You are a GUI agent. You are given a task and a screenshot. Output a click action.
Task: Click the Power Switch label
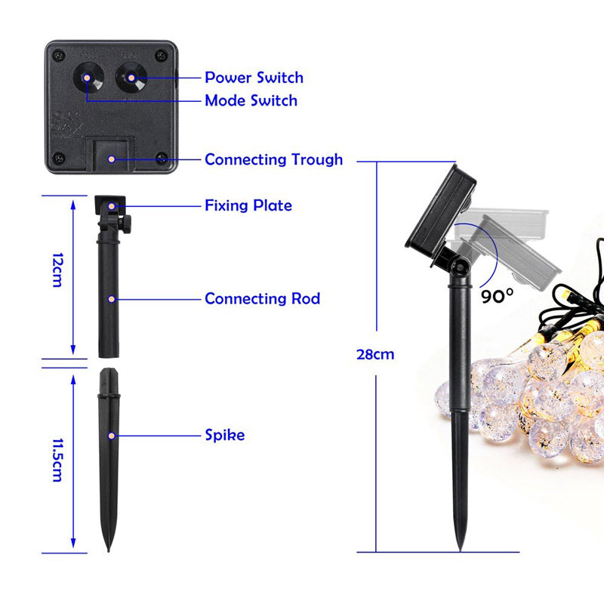(x=254, y=78)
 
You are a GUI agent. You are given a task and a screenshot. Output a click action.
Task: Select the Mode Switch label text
(x=251, y=100)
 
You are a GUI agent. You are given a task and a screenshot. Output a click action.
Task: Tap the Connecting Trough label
(x=273, y=159)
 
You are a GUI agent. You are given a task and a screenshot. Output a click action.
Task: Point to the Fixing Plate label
(x=248, y=205)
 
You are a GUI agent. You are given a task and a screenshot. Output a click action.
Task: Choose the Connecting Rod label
(x=262, y=298)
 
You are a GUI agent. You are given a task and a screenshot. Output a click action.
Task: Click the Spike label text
(x=224, y=435)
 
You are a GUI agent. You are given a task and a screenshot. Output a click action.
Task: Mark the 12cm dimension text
(x=57, y=270)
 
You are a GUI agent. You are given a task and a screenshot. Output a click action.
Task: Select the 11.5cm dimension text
(x=57, y=460)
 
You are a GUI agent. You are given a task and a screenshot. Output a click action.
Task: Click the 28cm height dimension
(x=375, y=354)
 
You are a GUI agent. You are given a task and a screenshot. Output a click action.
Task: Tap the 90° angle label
(x=498, y=296)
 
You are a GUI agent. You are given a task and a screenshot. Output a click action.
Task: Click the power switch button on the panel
(x=131, y=78)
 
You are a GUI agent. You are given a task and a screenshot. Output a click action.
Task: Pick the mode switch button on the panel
(x=87, y=78)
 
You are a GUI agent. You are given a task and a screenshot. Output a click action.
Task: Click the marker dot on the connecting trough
(x=111, y=159)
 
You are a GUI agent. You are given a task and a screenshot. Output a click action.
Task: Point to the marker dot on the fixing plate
(x=111, y=206)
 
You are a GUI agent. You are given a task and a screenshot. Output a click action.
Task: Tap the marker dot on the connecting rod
(x=111, y=299)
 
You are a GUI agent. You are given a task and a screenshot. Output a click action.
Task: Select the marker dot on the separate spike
(x=111, y=436)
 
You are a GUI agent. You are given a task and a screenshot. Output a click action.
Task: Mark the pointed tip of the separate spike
(x=108, y=551)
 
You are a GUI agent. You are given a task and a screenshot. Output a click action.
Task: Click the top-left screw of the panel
(x=59, y=54)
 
